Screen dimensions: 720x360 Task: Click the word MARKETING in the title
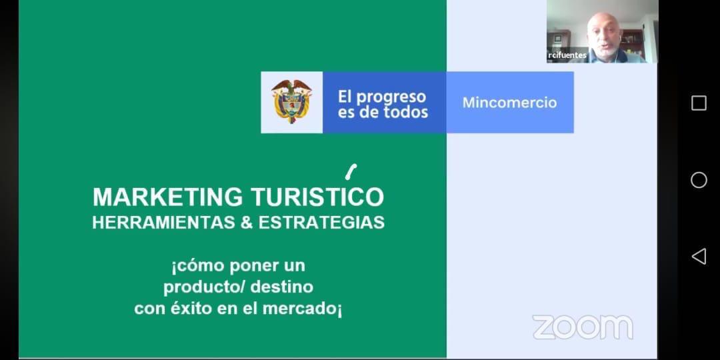167,197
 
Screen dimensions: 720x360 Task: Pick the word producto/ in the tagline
206,287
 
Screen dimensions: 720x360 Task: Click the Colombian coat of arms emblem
291,101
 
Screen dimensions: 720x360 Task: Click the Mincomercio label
510,103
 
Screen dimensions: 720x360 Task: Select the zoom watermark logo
583,327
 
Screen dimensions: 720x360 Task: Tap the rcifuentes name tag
567,55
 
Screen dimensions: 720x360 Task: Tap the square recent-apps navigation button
699,103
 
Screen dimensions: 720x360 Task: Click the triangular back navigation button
699,256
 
